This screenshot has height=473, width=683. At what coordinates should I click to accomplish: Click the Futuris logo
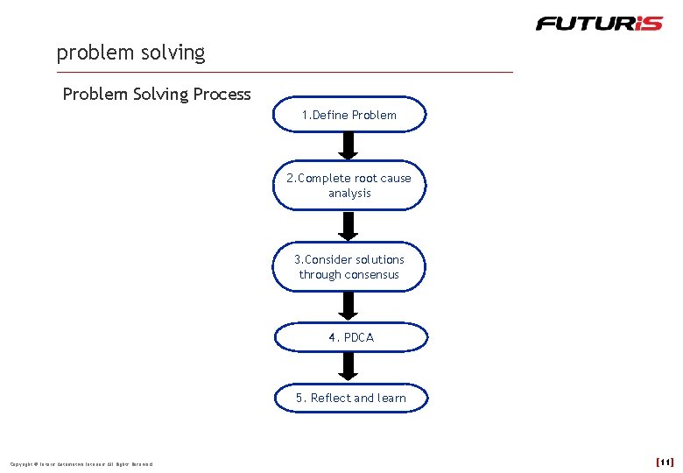[600, 23]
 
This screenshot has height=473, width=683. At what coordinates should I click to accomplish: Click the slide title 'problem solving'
[130, 53]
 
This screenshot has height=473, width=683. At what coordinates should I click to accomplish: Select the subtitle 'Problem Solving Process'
[157, 94]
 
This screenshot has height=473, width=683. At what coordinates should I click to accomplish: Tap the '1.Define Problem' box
[349, 115]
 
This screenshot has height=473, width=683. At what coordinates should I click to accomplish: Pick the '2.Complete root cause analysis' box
[349, 186]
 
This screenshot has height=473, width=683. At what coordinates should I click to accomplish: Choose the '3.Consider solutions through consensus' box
[349, 267]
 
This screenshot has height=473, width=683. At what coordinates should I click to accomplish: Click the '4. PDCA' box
[350, 337]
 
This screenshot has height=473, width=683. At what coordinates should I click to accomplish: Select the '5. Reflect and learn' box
[350, 398]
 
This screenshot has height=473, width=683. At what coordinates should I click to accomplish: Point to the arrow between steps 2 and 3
[349, 225]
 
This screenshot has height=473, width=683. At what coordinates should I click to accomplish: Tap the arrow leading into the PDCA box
[349, 306]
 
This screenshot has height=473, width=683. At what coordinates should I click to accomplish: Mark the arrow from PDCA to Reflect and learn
[349, 366]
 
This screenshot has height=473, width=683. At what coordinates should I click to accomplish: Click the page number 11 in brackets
[665, 462]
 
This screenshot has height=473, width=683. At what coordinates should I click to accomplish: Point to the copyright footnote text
[81, 464]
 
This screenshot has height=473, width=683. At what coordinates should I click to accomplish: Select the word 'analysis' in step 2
[349, 194]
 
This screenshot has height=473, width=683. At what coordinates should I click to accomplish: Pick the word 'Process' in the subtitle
[221, 94]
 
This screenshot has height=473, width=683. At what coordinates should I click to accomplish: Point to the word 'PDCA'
[359, 337]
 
